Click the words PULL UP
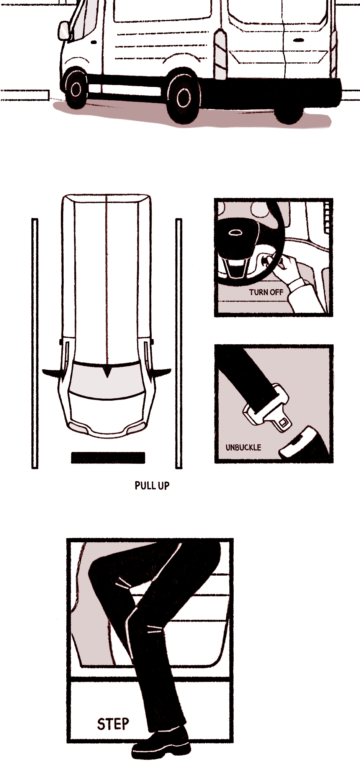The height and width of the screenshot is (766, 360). (x=152, y=486)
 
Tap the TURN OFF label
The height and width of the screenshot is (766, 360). (x=266, y=292)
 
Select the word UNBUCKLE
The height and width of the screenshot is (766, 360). (x=243, y=447)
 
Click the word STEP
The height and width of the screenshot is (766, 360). (x=113, y=724)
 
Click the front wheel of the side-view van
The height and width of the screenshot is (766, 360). (x=75, y=88)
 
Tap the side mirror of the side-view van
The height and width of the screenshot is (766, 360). (x=64, y=31)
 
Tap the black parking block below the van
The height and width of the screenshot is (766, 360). (x=108, y=458)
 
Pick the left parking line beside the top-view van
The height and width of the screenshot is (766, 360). (x=35, y=343)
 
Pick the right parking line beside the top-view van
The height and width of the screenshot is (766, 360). (x=179, y=343)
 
